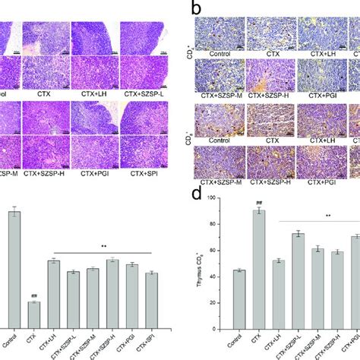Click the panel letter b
195,10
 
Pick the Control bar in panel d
237,314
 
